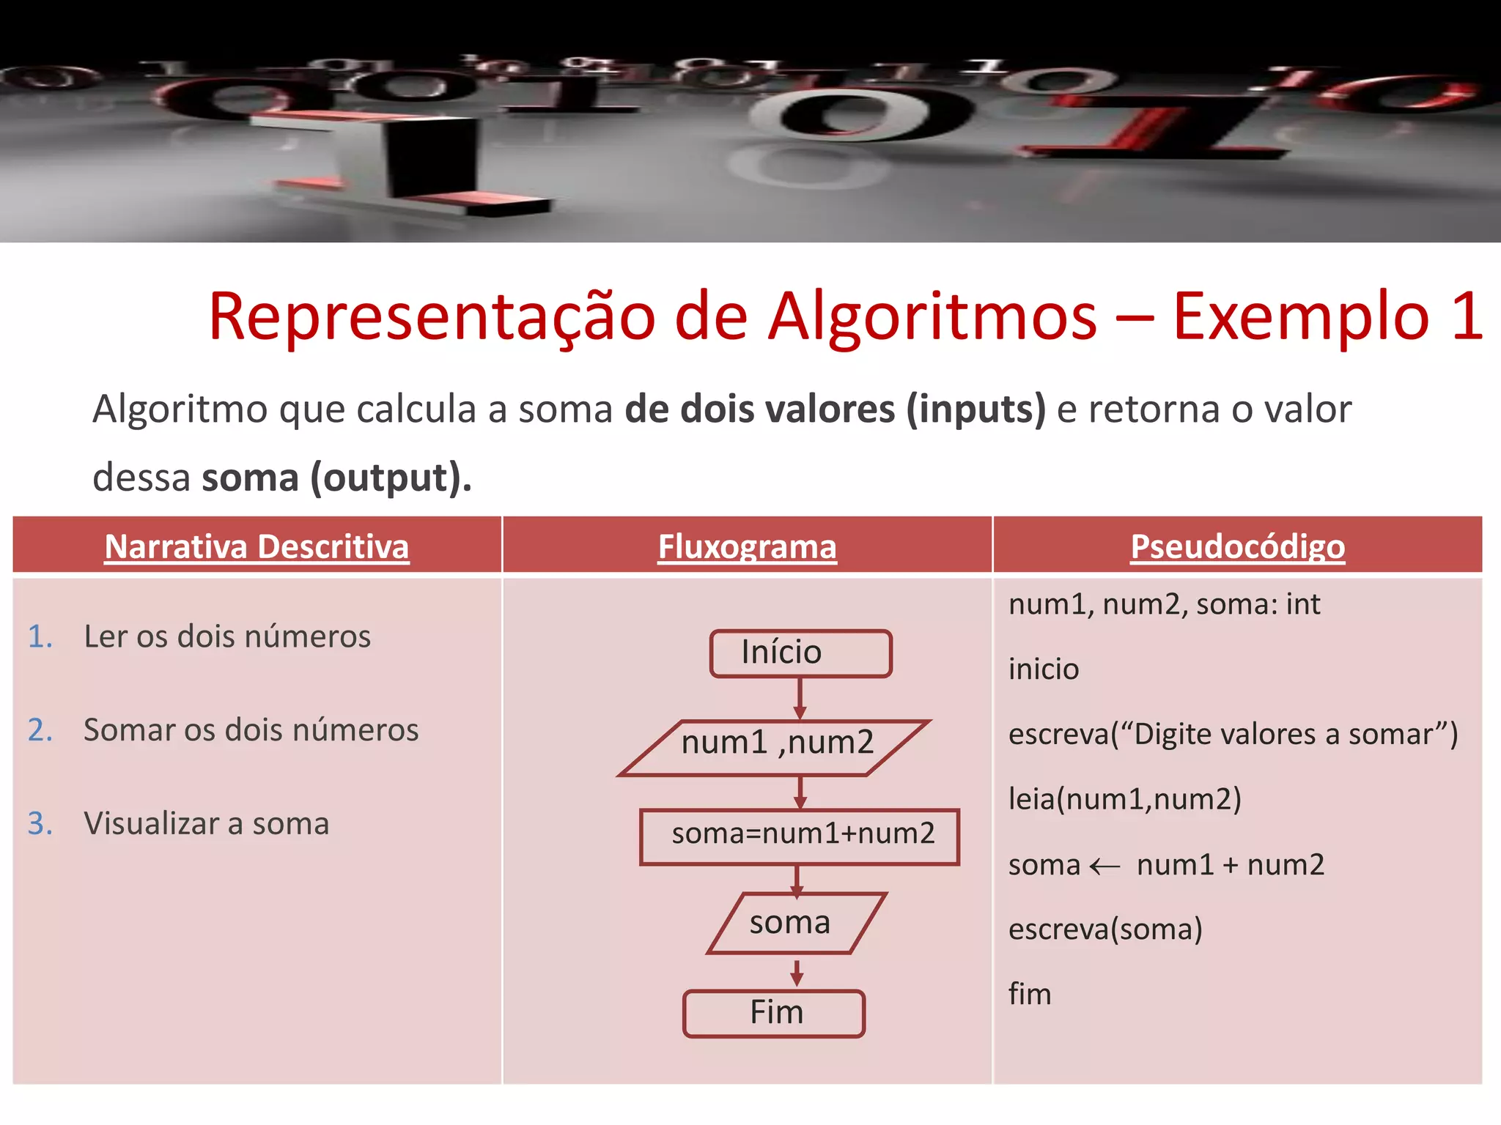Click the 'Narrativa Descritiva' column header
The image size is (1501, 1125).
click(x=257, y=546)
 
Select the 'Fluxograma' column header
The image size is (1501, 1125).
click(x=747, y=546)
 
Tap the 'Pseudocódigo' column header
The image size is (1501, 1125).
click(x=1237, y=546)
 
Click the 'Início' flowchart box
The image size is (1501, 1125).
click(x=800, y=653)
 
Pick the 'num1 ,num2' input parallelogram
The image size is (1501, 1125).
click(x=776, y=746)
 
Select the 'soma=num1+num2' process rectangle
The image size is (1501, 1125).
click(x=800, y=836)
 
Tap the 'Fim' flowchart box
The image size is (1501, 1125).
click(x=774, y=1013)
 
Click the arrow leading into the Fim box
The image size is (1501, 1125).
click(x=797, y=973)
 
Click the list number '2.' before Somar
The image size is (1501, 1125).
click(x=40, y=730)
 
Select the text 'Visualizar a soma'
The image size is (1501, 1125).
click(x=207, y=823)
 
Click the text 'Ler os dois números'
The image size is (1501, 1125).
click(x=227, y=636)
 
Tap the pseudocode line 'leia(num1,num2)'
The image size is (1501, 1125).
click(x=1124, y=799)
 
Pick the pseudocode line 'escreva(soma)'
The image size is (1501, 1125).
click(x=1105, y=929)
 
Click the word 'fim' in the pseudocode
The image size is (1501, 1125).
click(x=1030, y=994)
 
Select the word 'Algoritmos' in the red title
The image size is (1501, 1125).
click(x=932, y=317)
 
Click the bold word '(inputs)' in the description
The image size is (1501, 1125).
click(x=976, y=409)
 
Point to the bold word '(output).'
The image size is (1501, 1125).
click(x=391, y=478)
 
